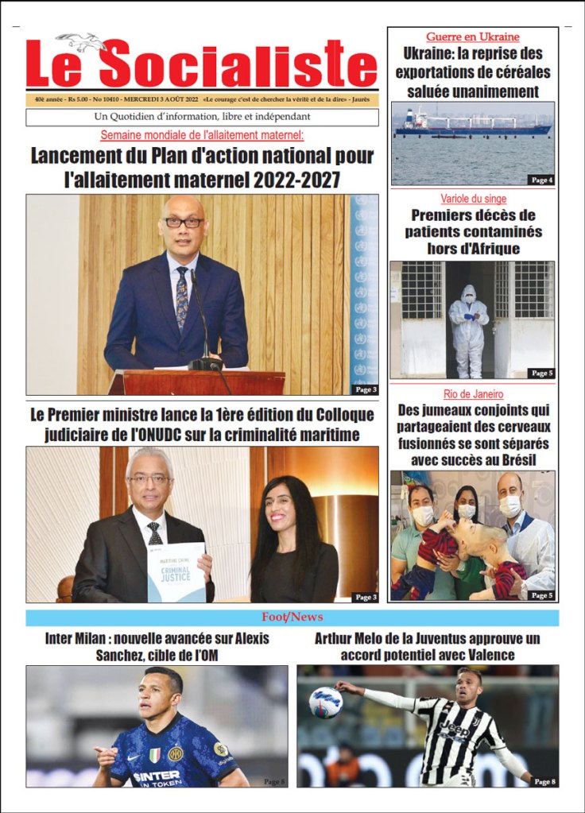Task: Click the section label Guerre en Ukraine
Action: click(472, 37)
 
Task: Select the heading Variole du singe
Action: click(473, 199)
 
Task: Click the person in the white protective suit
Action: click(468, 329)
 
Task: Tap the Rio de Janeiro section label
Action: click(473, 394)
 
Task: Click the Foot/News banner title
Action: click(292, 617)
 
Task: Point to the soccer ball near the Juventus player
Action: click(325, 702)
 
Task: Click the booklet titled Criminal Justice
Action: click(176, 571)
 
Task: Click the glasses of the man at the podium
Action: click(183, 223)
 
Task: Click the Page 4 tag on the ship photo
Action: click(542, 180)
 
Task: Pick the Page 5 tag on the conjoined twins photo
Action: click(541, 594)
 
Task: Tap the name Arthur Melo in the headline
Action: click(351, 638)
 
